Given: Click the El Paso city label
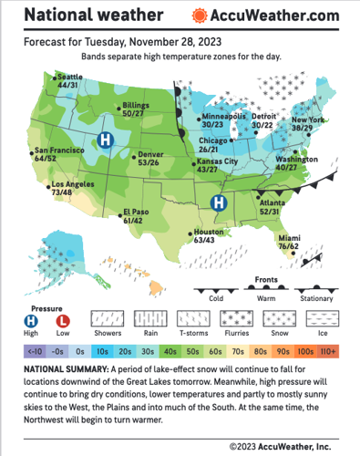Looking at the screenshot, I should click(x=134, y=216).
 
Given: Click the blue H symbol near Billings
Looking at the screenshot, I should click(x=105, y=140).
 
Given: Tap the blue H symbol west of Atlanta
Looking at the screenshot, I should click(x=219, y=202).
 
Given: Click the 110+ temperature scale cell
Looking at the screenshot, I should click(x=328, y=349).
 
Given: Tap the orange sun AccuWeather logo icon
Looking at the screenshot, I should click(x=200, y=16).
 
